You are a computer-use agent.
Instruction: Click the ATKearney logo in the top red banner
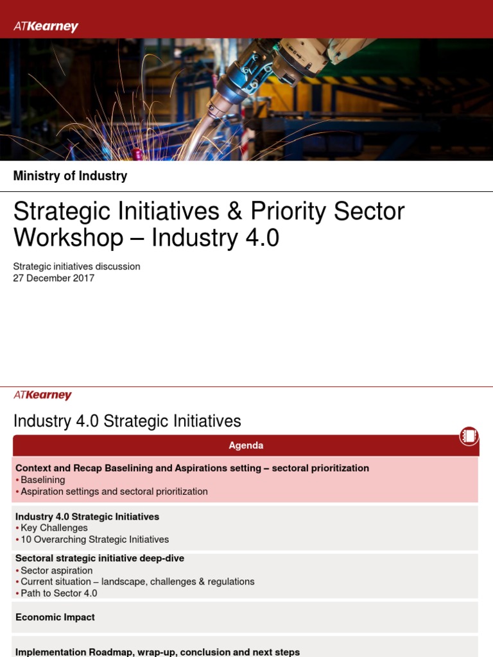[46, 26]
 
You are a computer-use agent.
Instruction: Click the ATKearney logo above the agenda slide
[42, 395]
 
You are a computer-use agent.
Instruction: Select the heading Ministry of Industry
[70, 176]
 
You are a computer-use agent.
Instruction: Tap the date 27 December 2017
[54, 278]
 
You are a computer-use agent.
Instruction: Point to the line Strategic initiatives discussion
[76, 266]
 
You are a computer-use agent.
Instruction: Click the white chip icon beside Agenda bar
[469, 436]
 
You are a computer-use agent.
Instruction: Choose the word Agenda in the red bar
[246, 445]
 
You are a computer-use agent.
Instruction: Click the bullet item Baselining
[42, 480]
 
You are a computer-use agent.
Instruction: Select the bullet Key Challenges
[54, 528]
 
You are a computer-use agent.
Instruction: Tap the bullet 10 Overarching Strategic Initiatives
[94, 540]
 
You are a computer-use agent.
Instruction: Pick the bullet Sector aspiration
[56, 570]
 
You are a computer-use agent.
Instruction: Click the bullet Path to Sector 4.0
[59, 593]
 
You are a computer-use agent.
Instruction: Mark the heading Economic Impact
[55, 617]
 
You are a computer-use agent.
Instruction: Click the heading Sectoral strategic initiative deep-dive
[99, 558]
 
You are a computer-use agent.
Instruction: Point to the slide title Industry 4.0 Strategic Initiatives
[127, 421]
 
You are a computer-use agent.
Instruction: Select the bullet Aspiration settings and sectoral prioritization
[114, 491]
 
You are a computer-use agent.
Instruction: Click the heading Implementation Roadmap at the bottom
[157, 652]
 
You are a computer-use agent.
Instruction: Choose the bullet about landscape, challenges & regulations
[137, 581]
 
